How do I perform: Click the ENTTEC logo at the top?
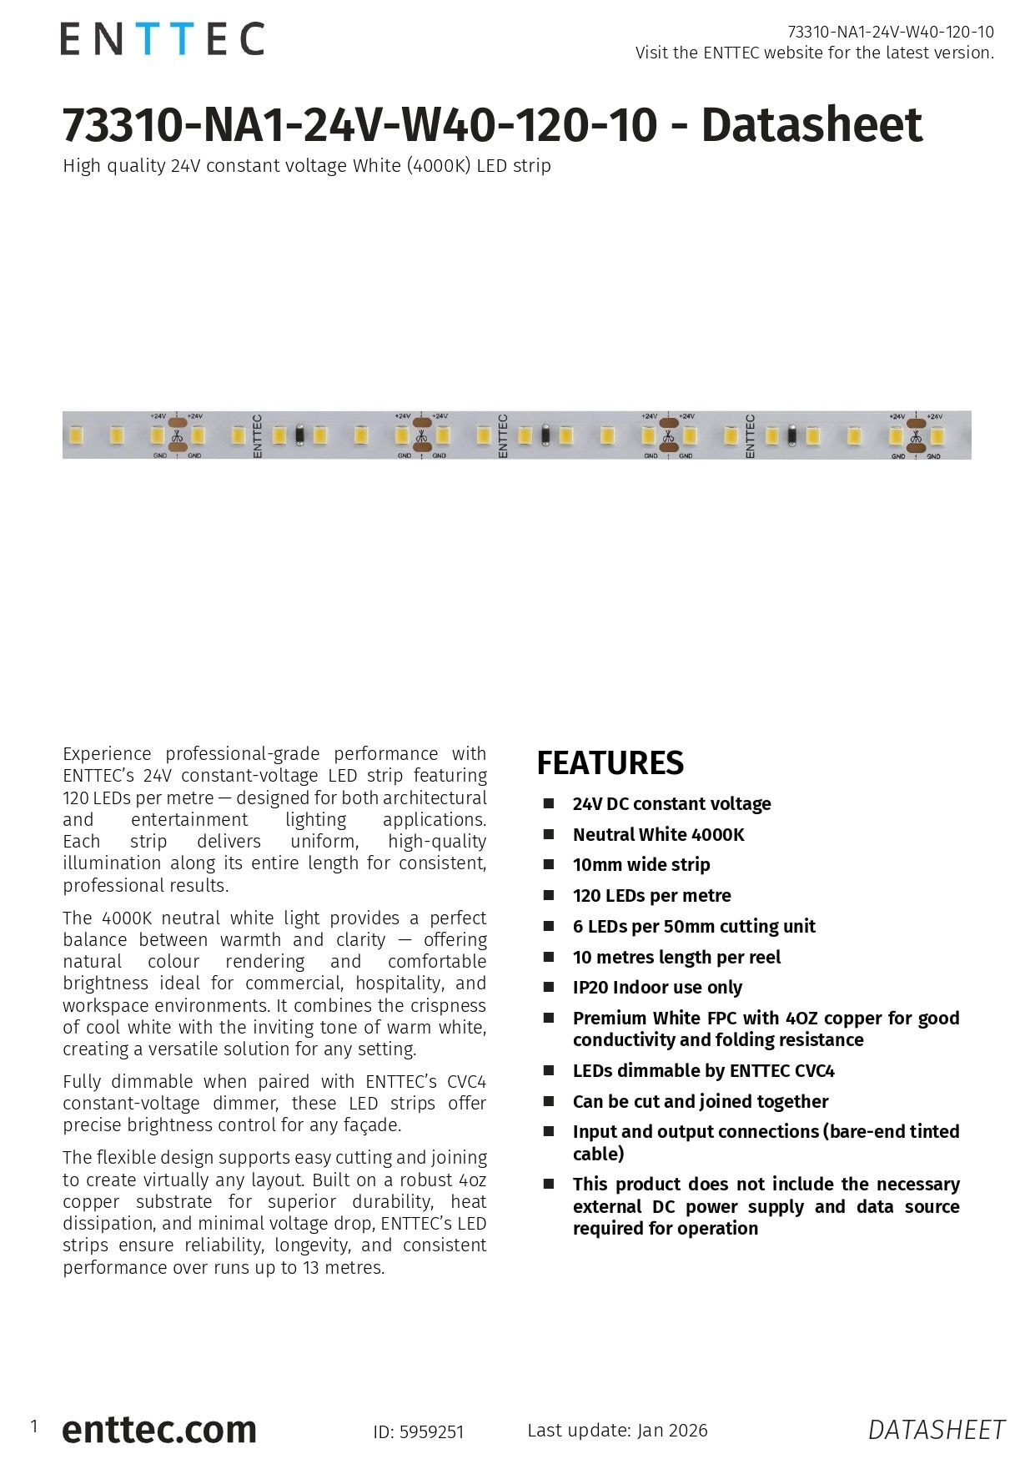[x=162, y=39]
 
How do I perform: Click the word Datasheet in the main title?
[x=811, y=125]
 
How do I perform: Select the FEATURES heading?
[x=610, y=763]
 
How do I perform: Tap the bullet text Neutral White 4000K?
[x=658, y=834]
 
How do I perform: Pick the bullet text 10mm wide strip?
[x=641, y=864]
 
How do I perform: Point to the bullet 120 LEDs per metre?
[x=651, y=895]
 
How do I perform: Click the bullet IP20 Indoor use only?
[x=657, y=987]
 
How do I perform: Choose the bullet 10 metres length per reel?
[x=676, y=957]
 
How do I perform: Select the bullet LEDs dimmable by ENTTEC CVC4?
[x=703, y=1070]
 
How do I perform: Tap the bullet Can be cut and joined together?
[x=700, y=1101]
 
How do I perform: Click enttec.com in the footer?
[x=159, y=1429]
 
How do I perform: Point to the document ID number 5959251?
[x=431, y=1432]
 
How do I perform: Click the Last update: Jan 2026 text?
[x=617, y=1430]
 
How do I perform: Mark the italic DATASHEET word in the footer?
[x=936, y=1430]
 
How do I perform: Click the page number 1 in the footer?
[x=34, y=1426]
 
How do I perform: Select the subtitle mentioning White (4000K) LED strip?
[x=307, y=165]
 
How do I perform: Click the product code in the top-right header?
[x=891, y=32]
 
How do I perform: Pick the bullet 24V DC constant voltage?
[x=671, y=803]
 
